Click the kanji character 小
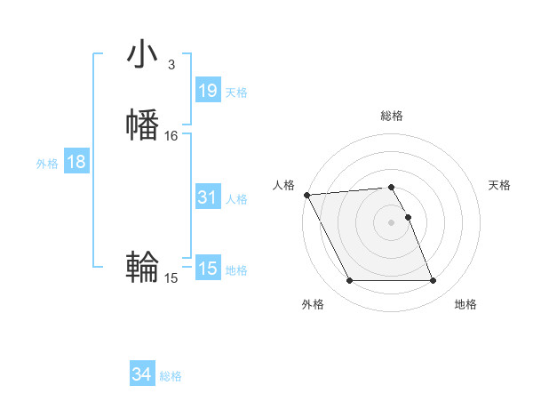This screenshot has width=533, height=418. point(143,54)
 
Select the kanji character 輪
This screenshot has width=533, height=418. point(143,266)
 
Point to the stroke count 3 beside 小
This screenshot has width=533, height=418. point(171,65)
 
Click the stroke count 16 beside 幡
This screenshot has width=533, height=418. point(171,136)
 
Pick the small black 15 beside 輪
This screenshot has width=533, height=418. point(171,278)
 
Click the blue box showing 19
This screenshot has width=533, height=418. point(207,91)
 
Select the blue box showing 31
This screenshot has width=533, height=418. point(207,197)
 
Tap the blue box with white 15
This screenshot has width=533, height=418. point(207,269)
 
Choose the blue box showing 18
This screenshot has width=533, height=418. point(76,162)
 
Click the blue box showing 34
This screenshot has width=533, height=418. point(141,375)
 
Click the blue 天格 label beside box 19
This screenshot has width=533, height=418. point(236,92)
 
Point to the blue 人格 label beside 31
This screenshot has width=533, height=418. point(236,199)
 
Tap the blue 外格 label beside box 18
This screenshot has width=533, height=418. point(47,164)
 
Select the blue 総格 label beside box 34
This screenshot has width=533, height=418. point(171,377)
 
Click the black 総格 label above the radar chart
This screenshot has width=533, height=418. point(392,116)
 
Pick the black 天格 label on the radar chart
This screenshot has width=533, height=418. point(500,185)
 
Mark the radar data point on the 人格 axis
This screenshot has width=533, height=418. point(306,195)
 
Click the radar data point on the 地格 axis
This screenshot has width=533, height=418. point(434,281)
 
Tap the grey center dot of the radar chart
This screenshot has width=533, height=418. point(392,221)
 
